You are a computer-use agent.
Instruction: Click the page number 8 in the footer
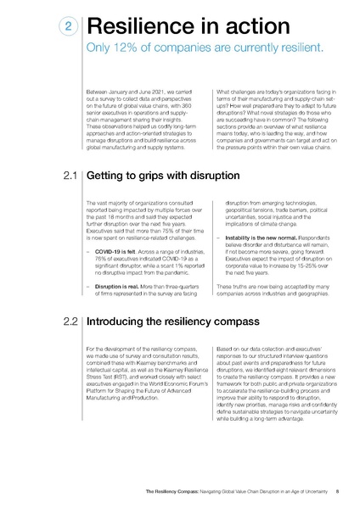point(337,490)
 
